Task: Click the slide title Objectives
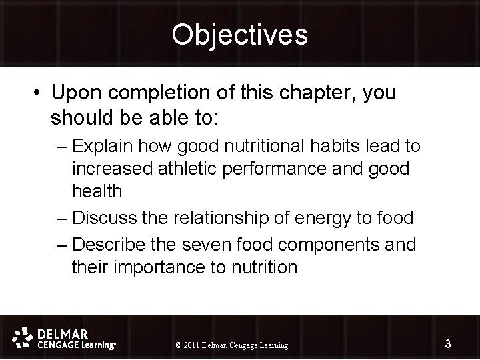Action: tap(239, 35)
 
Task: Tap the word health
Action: tap(97, 191)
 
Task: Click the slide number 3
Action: tap(448, 343)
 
